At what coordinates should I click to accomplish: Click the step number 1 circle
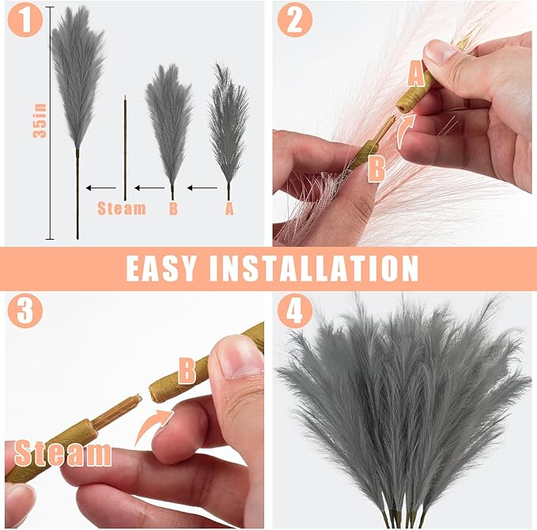coord(25,21)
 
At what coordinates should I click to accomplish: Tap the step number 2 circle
coord(294,21)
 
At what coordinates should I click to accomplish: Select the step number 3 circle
coord(25,311)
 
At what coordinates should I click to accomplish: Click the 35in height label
coord(40,123)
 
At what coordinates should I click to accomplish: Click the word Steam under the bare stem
coord(122,209)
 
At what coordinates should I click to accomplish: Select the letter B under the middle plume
coord(172,209)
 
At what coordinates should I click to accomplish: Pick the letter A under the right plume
coord(229,209)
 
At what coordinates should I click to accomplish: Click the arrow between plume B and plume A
coord(202,188)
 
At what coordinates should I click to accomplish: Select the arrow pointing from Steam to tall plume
coord(100,188)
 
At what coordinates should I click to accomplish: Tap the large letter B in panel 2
coord(376,168)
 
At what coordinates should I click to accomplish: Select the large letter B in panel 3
coord(187,369)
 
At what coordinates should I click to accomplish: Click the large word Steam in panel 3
coord(62,453)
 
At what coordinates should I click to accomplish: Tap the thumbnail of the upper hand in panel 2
coord(439,53)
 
